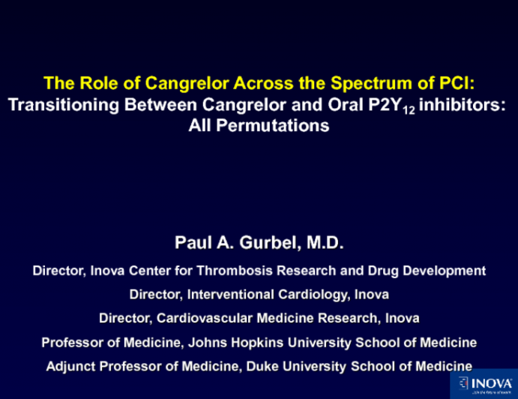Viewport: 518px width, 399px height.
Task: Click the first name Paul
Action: point(191,242)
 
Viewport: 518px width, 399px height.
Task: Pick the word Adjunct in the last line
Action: point(70,366)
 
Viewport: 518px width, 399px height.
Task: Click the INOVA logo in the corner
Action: point(486,384)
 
